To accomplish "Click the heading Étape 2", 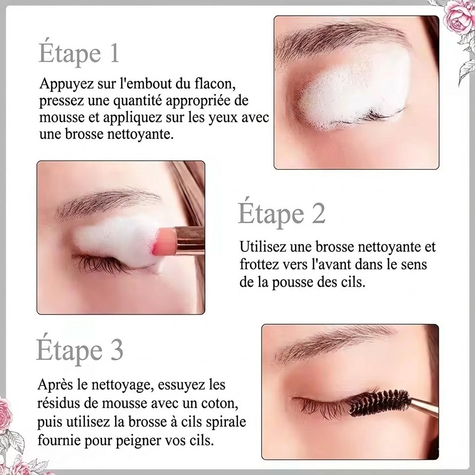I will [282, 213].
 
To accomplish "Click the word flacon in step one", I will [214, 84].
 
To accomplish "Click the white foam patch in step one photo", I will [353, 90].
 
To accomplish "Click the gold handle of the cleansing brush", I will [191, 241].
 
